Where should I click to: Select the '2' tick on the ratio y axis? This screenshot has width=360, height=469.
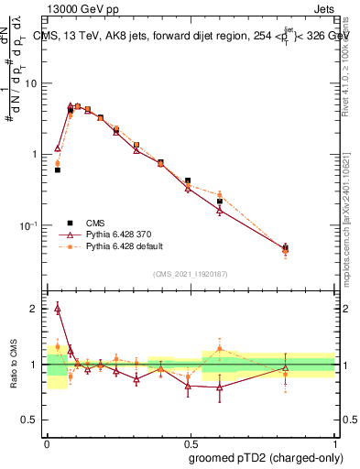click(x=36, y=309)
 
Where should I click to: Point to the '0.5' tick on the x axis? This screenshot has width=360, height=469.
click(x=191, y=441)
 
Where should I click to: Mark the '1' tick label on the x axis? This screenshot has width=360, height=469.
click(x=333, y=441)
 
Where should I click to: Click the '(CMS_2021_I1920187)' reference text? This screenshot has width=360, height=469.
click(x=191, y=274)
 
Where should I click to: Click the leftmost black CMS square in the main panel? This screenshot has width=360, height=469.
click(x=58, y=170)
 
